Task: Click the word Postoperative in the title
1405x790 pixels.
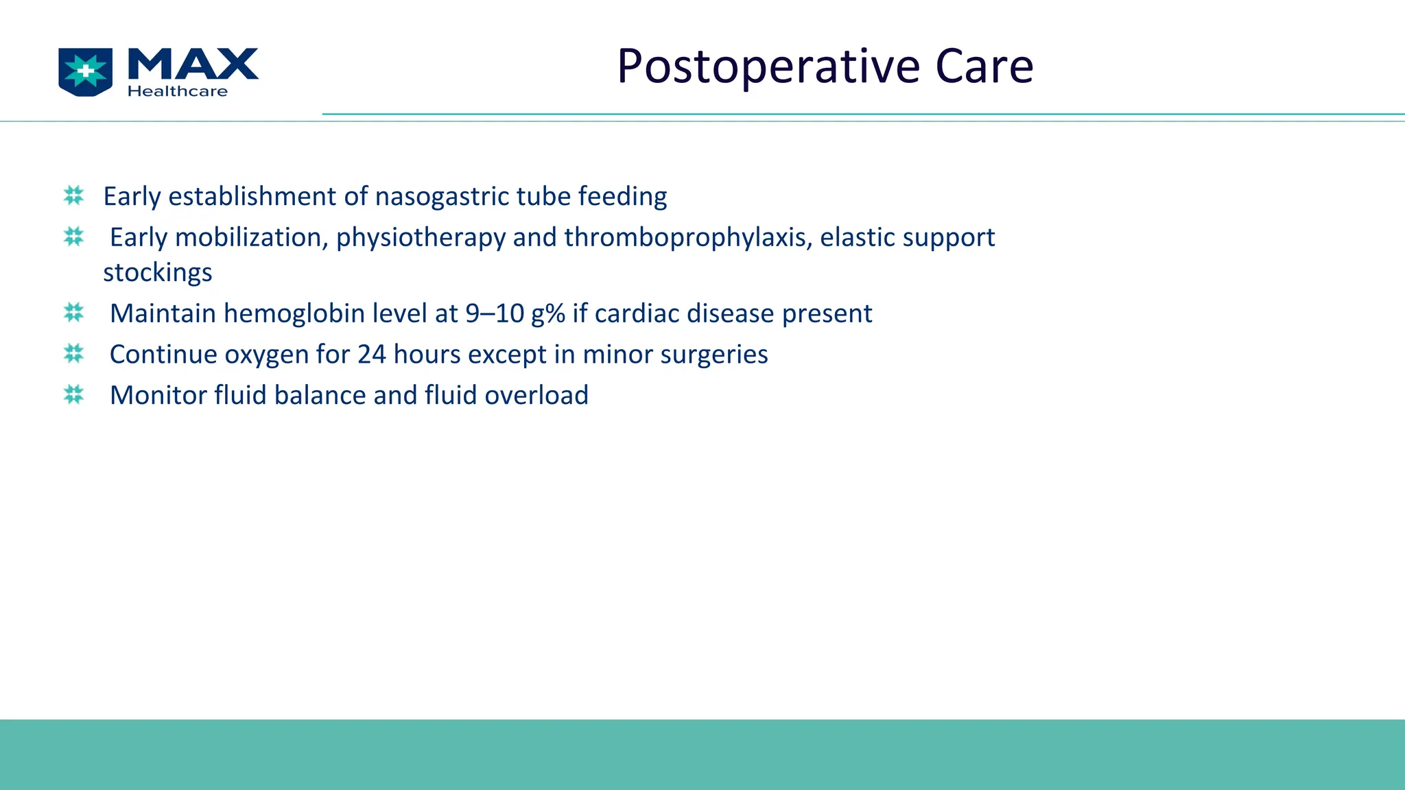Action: tap(768, 67)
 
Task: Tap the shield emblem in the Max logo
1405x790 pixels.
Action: tap(86, 71)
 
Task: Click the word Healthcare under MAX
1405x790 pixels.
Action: tap(177, 91)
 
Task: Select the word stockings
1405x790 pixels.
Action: tap(157, 273)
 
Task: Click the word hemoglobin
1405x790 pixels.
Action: tap(294, 313)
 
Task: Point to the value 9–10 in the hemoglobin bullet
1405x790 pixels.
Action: tap(495, 313)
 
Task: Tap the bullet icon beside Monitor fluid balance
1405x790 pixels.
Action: tap(73, 395)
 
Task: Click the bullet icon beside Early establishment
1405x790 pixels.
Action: tap(73, 195)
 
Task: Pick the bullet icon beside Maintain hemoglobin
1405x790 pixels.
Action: tap(73, 313)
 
